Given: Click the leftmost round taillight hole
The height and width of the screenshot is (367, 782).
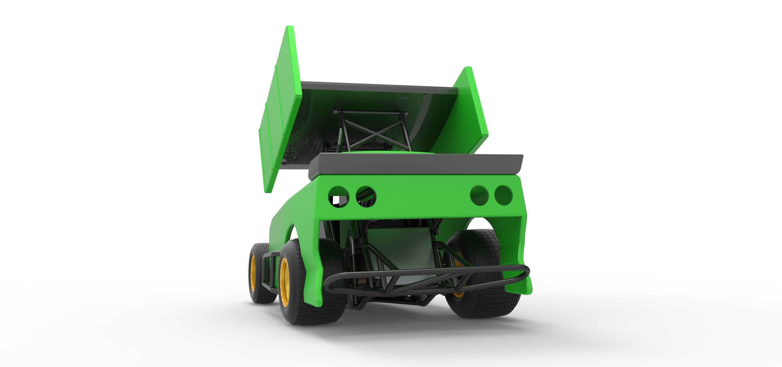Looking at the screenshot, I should pyautogui.click(x=338, y=196).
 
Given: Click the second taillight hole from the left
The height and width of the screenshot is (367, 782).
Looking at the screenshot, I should pyautogui.click(x=366, y=196).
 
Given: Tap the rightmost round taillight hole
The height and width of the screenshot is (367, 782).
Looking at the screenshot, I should pyautogui.click(x=503, y=195).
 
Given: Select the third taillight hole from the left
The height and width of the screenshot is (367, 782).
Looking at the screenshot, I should pyautogui.click(x=479, y=195).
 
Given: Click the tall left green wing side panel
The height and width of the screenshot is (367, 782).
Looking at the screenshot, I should pyautogui.click(x=281, y=109).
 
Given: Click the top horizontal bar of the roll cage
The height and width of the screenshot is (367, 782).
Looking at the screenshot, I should pyautogui.click(x=370, y=113).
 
